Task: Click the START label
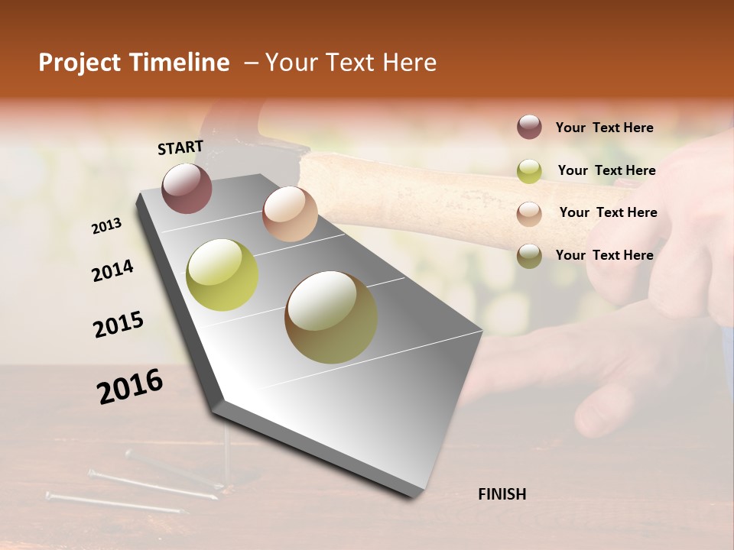[x=180, y=147]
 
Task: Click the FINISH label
[x=502, y=494]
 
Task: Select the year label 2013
[x=107, y=226]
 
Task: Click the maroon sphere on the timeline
[x=187, y=188]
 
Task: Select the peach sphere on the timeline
[x=290, y=214]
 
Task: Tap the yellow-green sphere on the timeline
[x=222, y=275]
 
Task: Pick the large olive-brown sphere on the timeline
[x=331, y=317]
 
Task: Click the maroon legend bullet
[x=529, y=128]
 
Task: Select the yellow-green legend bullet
[x=529, y=170]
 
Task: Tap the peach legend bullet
[x=529, y=213]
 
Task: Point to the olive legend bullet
[x=529, y=255]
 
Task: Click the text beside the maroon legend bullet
[x=605, y=128]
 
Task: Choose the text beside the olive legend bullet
[x=605, y=255]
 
